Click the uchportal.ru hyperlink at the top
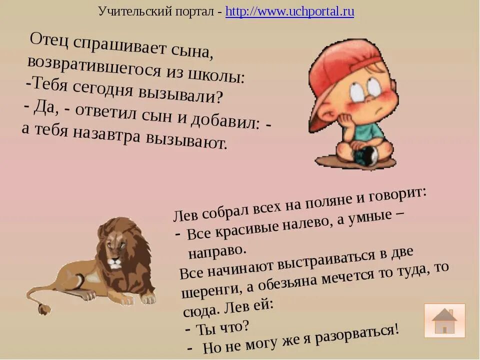tap(289, 12)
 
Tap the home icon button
tap(444, 320)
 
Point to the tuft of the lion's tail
tap(43, 308)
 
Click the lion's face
tap(114, 252)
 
